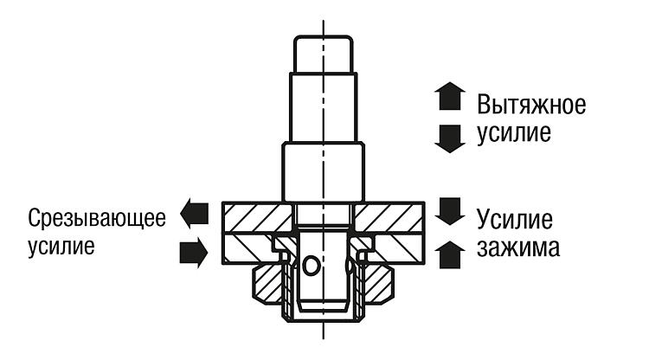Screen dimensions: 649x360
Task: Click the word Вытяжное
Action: point(531,105)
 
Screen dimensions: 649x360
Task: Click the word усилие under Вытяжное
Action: point(514,133)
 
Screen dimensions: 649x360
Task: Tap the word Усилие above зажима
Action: point(515,219)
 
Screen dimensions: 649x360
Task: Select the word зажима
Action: point(518,247)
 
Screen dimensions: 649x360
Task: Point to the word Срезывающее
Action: point(97,218)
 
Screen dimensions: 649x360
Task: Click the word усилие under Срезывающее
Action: point(61,247)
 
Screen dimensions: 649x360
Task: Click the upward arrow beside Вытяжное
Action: point(450,96)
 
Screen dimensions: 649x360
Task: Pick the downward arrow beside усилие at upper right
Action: point(450,139)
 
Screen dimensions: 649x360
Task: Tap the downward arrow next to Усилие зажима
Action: point(450,211)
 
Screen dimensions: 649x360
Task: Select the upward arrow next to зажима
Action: point(450,255)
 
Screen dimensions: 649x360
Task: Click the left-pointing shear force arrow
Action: point(194,214)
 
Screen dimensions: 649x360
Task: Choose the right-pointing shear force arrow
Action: point(194,253)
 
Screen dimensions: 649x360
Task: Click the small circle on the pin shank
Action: point(311,266)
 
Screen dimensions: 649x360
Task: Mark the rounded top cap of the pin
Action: point(324,55)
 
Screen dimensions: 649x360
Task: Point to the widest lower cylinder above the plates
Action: point(324,171)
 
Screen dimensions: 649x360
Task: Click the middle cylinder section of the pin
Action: point(324,107)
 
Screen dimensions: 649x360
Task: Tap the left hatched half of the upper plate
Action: point(258,217)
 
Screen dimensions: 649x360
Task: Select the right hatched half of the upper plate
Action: point(389,217)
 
